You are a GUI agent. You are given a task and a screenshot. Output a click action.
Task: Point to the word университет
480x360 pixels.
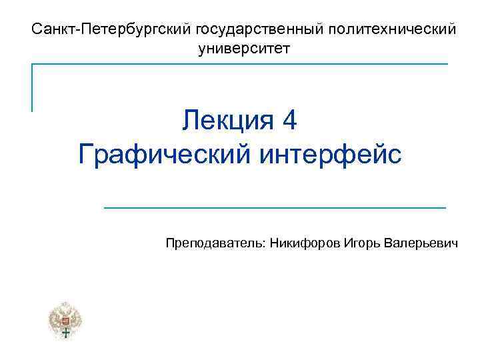pyautogui.click(x=245, y=49)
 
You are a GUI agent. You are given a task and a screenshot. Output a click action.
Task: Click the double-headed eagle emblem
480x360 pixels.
pyautogui.click(x=65, y=321)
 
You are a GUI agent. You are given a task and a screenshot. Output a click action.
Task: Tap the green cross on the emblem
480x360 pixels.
pyautogui.click(x=65, y=333)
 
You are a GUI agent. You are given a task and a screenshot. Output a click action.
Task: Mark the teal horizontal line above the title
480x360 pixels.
pyautogui.click(x=240, y=64)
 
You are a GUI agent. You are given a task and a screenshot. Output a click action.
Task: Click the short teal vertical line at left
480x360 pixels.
pyautogui.click(x=32, y=87)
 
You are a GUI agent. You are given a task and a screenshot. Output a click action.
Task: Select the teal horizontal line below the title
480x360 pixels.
pyautogui.click(x=275, y=208)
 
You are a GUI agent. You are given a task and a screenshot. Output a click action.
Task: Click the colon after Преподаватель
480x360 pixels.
pyautogui.click(x=266, y=245)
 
